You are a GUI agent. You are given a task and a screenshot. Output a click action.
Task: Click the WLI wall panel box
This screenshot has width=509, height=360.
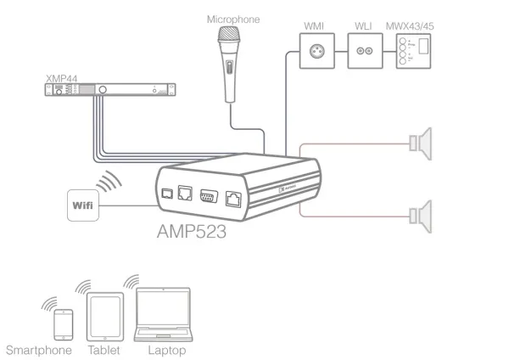point(366,50)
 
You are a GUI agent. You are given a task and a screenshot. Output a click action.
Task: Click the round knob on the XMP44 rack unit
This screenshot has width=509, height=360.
point(101,91)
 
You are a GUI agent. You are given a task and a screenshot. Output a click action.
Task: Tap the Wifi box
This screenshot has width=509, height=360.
point(85,205)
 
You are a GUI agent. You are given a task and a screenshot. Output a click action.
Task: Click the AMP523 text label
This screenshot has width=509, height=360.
point(191,230)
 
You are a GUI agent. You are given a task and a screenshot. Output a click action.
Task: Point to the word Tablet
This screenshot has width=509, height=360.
point(104,348)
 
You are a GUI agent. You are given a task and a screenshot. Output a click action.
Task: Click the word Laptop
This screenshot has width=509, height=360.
point(165,348)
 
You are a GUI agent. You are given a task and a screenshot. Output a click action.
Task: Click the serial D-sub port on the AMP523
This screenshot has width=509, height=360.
point(205,194)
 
